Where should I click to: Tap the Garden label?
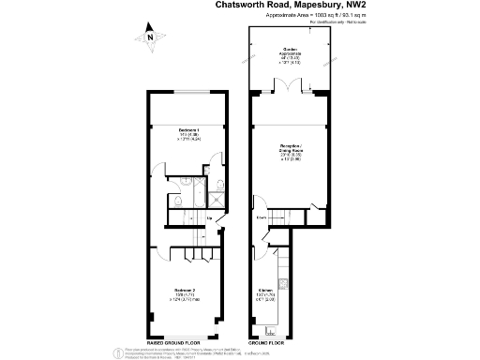coord(290,51)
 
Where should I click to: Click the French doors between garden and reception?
coord(290,90)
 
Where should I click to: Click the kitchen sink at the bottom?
coord(273,329)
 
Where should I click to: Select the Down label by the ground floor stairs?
coord(262,218)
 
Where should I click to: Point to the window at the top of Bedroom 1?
coord(188,91)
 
